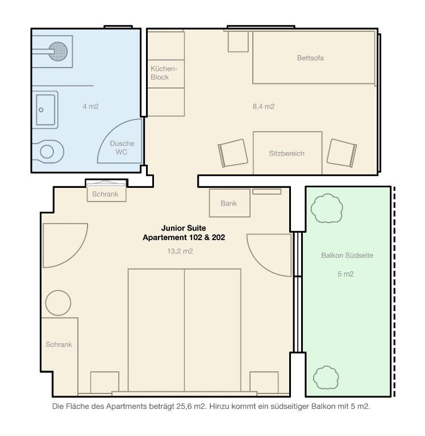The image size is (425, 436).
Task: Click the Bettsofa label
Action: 310,58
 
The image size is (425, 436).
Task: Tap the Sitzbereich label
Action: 286,153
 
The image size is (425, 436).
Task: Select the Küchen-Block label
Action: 164,73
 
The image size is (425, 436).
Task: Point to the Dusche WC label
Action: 122,148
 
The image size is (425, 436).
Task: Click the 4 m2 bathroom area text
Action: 90,106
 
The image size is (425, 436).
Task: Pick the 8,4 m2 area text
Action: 264,106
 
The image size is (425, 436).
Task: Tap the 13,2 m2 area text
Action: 180,251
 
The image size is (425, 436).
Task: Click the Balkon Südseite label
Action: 347,255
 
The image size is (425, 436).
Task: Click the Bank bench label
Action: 229,203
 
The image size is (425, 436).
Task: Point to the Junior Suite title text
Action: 184,228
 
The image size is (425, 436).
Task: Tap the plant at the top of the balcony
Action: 327,209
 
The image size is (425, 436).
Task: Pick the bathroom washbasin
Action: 45,110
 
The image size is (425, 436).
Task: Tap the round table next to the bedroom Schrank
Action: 58,303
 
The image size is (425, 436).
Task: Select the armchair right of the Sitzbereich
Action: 342,153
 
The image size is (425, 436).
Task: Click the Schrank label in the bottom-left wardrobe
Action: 59,345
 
